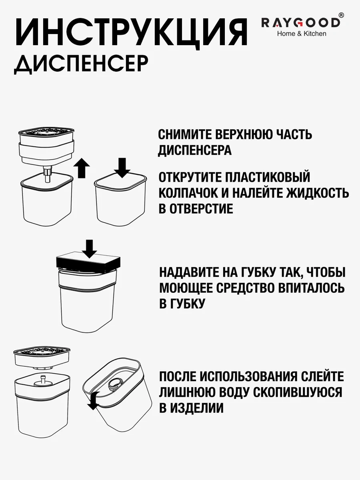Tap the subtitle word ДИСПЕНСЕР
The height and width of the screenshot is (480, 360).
[81, 64]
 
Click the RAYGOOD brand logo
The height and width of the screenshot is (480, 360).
[301, 23]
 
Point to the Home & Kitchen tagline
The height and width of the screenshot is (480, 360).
[302, 34]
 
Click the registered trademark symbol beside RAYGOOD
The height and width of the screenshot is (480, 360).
[342, 15]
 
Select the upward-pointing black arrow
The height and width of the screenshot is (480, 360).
[82, 168]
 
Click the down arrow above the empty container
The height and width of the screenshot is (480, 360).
[122, 168]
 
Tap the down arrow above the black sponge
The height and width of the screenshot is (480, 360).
[89, 249]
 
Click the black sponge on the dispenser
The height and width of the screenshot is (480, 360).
[88, 263]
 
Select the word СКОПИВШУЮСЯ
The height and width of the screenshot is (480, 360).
[298, 392]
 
